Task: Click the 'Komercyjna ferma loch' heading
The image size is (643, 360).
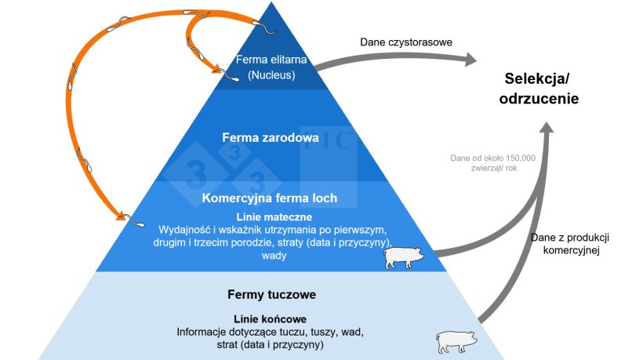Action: tap(269, 198)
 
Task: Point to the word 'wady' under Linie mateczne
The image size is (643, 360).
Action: tap(269, 256)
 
